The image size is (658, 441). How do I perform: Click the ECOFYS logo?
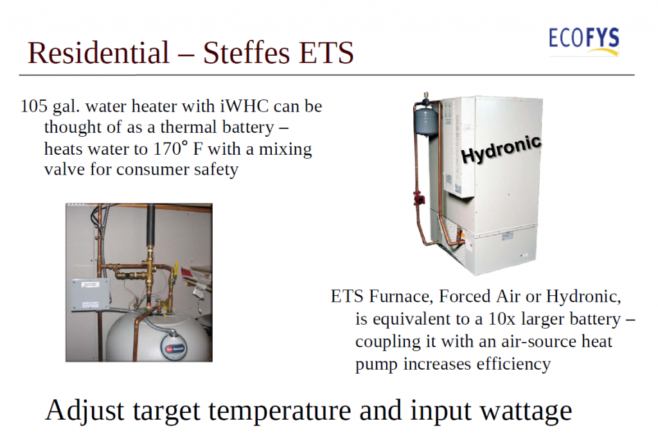(x=583, y=41)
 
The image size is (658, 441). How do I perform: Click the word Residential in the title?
(x=98, y=53)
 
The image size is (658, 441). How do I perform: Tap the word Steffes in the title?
(x=246, y=53)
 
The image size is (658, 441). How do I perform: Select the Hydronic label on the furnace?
(x=501, y=149)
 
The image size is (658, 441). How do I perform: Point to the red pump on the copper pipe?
(x=419, y=198)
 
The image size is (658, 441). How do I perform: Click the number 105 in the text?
(x=34, y=106)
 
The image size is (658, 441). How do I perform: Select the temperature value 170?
(x=166, y=149)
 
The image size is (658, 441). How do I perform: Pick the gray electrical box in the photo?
(x=90, y=294)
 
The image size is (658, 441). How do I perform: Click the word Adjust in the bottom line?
(x=84, y=411)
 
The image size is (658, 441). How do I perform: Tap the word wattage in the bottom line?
(x=526, y=411)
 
